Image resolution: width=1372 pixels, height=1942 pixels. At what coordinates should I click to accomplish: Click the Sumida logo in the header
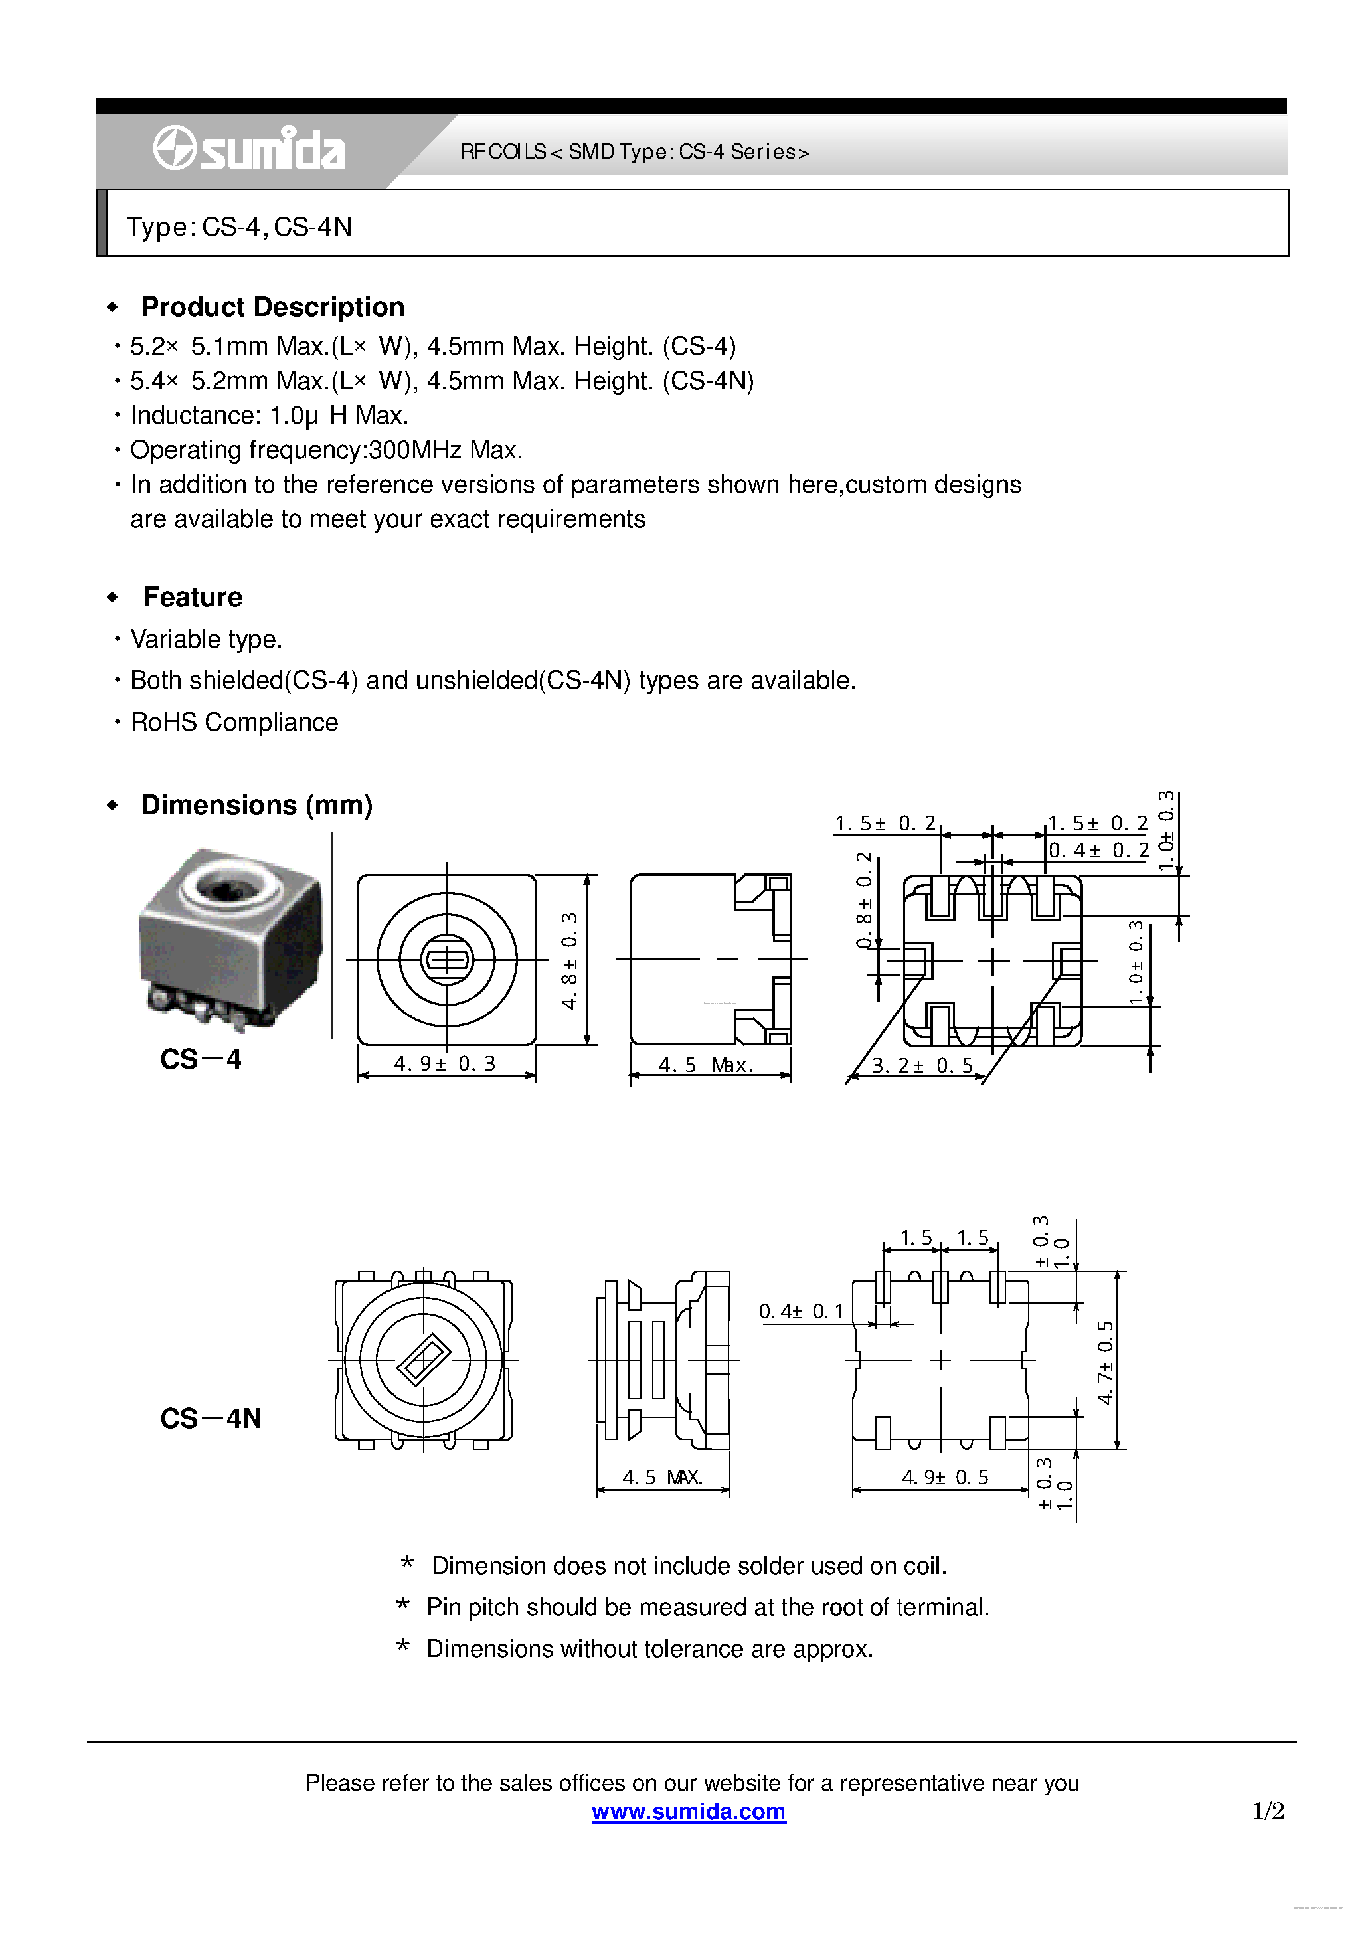248,149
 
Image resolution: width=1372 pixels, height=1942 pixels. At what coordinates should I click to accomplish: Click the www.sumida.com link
688,1811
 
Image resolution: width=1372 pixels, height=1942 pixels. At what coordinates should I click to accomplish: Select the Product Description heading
272,306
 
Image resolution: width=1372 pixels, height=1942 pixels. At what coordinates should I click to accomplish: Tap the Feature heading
192,597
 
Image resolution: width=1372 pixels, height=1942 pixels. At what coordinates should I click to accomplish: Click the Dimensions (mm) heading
256,804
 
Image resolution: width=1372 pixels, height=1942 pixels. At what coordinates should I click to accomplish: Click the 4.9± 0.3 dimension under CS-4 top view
444,1063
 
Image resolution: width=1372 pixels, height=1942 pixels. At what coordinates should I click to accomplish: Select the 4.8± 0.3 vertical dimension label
569,960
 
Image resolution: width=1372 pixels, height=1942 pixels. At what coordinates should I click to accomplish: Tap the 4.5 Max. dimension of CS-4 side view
705,1065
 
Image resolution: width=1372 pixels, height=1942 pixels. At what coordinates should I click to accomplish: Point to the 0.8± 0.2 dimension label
863,900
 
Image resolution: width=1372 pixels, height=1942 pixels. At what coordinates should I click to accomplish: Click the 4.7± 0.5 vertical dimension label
1104,1362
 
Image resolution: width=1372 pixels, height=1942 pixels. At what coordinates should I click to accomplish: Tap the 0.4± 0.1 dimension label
800,1311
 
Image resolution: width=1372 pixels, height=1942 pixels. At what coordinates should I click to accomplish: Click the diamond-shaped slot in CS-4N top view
422,1360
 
